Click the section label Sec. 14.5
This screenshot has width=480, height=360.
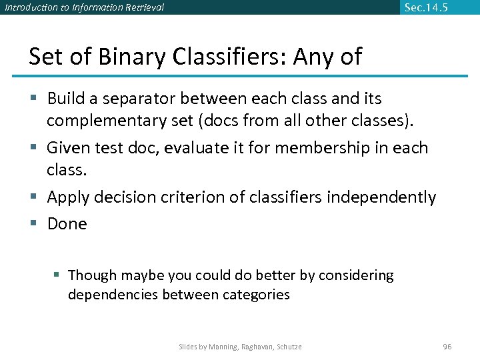pyautogui.click(x=426, y=7)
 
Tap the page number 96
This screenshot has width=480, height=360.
pyautogui.click(x=447, y=347)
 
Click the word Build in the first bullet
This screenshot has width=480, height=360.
pyautogui.click(x=67, y=99)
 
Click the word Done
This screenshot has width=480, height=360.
pyautogui.click(x=67, y=224)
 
